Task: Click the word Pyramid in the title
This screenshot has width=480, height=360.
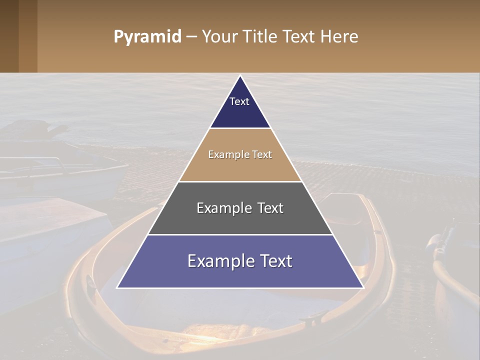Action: coord(147,37)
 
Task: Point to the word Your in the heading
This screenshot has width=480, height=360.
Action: coord(220,37)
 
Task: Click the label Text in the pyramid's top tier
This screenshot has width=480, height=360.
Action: coord(239,101)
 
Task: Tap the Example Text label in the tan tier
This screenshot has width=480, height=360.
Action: coord(240,154)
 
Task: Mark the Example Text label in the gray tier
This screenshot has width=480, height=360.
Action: coord(240,208)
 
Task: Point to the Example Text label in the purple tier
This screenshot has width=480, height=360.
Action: coord(240,261)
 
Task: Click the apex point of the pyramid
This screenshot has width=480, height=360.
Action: coord(240,76)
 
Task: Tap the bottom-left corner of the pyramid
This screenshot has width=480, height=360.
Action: coord(118,287)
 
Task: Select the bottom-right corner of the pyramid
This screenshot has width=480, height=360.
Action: coord(362,287)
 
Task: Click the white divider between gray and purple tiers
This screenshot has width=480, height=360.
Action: coord(240,234)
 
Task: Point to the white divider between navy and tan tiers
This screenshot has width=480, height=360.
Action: coord(240,128)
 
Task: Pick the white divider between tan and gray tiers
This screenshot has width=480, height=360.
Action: coord(240,181)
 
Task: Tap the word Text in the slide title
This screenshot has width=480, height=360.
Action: coord(298,37)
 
